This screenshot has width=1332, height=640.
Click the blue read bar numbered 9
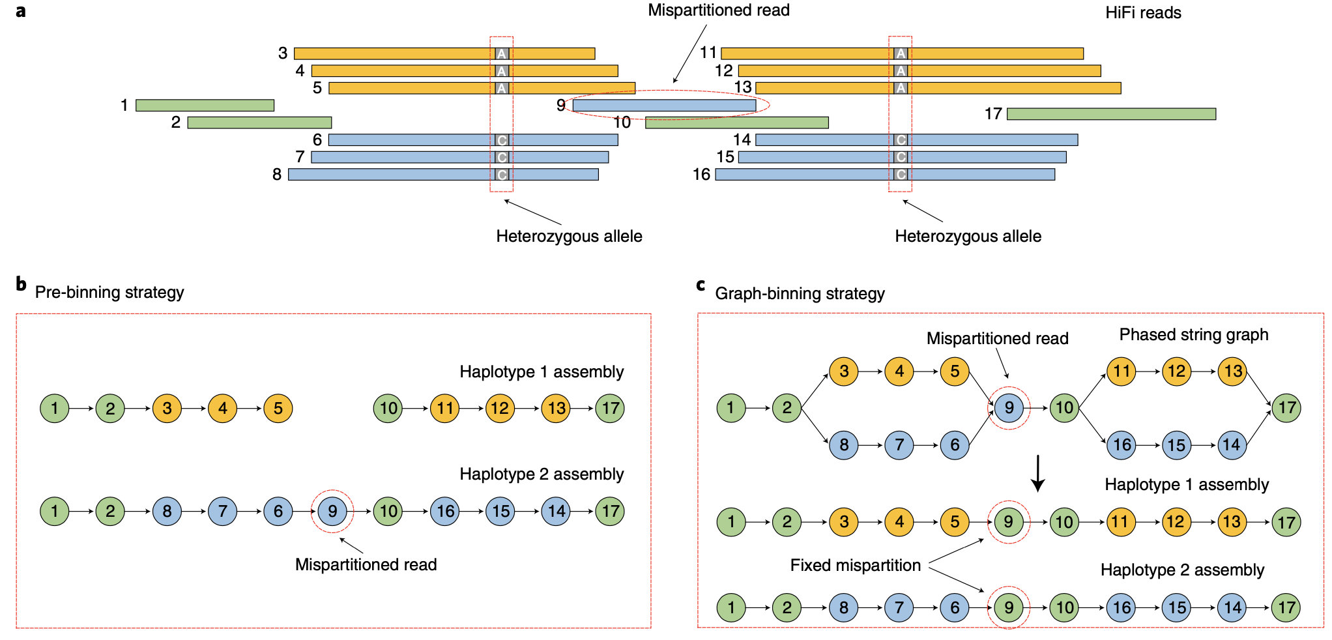(664, 105)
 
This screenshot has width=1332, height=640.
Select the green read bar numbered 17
(1111, 114)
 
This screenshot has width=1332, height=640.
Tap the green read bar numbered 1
(205, 105)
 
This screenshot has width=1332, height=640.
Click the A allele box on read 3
(501, 53)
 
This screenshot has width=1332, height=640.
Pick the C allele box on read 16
(901, 175)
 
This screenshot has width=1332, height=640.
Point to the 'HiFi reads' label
(1143, 13)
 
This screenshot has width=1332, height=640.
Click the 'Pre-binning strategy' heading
(109, 292)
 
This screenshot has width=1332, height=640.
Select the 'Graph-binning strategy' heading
(800, 294)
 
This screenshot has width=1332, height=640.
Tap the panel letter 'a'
(21, 11)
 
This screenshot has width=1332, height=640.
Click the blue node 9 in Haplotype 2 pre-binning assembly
(332, 511)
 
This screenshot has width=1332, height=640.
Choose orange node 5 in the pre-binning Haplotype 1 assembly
(278, 409)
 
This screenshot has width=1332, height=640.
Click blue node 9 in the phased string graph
(1009, 408)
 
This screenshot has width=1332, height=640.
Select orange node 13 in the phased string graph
(1232, 371)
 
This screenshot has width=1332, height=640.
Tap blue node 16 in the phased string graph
(1122, 445)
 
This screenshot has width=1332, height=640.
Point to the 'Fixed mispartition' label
(855, 565)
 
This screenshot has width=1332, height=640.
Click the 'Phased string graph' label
(1193, 334)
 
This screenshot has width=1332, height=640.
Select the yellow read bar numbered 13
(938, 88)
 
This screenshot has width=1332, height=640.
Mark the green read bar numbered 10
(736, 123)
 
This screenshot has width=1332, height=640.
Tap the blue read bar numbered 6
(473, 140)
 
